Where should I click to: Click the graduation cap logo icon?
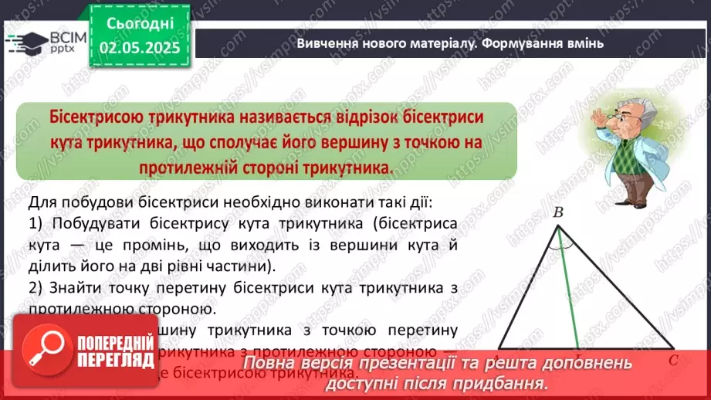(x=22, y=40)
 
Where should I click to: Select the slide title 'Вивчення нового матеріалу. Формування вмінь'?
(x=449, y=43)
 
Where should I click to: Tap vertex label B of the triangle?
(x=558, y=212)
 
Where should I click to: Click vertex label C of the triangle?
(x=673, y=360)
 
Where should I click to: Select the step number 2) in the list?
(x=36, y=288)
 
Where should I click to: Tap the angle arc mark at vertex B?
(x=561, y=240)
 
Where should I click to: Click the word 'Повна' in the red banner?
(x=270, y=363)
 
